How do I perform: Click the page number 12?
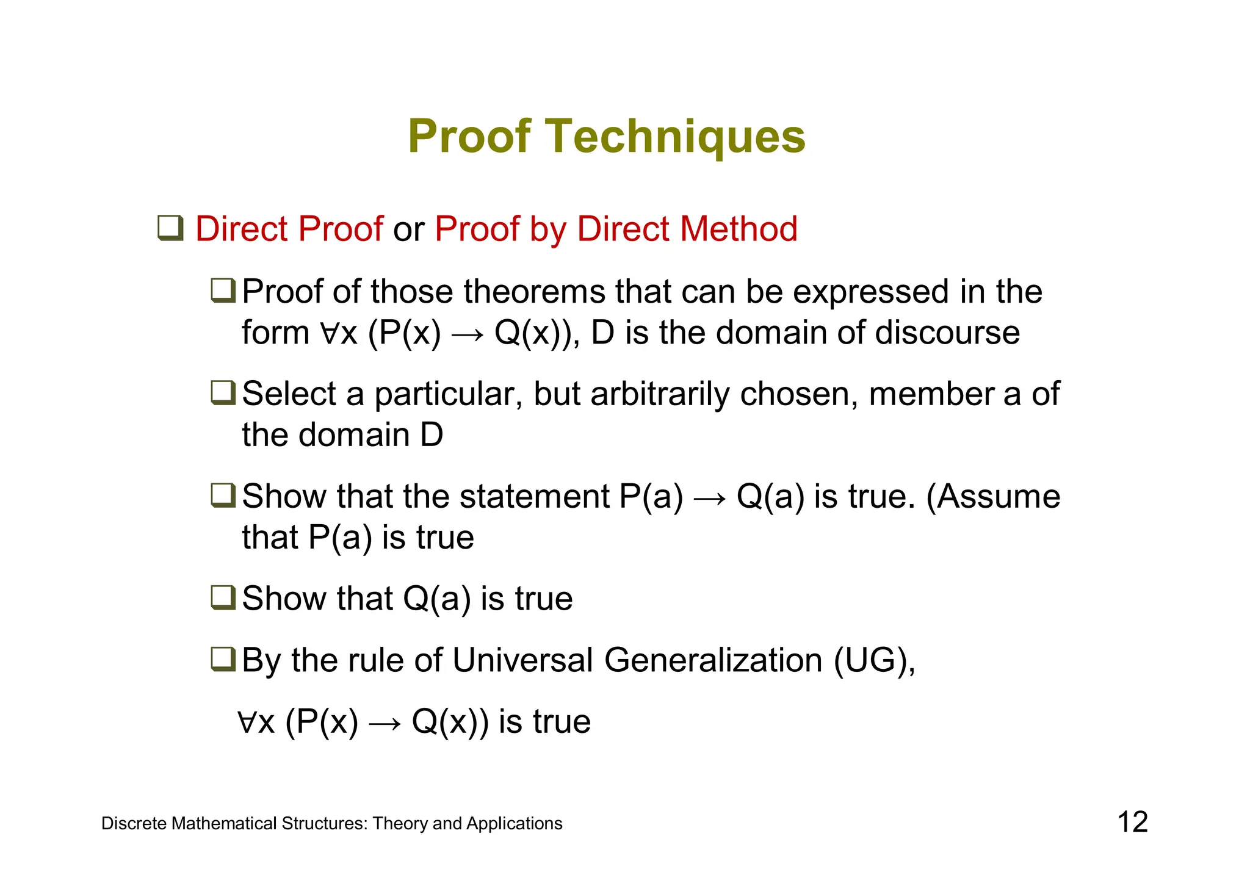pyautogui.click(x=1132, y=822)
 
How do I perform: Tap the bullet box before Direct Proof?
pyautogui.click(x=170, y=228)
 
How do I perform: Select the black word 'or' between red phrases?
pyautogui.click(x=408, y=230)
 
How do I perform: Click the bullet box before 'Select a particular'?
pyautogui.click(x=223, y=392)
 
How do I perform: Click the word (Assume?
pyautogui.click(x=993, y=496)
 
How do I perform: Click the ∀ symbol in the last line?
pyautogui.click(x=247, y=722)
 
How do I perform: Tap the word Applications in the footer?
pyautogui.click(x=514, y=824)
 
